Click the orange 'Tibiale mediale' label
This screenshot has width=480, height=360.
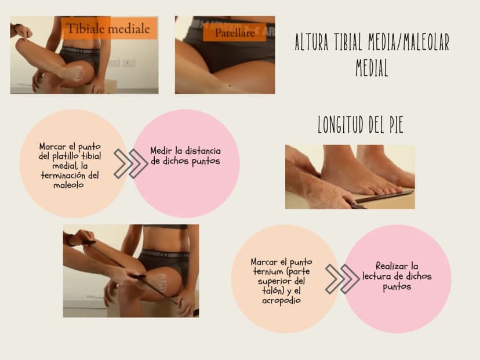click(x=110, y=28)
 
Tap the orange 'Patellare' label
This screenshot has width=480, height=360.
click(x=234, y=32)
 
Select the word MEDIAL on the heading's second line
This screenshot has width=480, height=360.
click(x=372, y=68)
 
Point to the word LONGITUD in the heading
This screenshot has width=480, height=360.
click(x=341, y=124)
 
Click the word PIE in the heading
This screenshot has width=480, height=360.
click(x=396, y=124)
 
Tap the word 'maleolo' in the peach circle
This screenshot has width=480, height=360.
click(x=68, y=185)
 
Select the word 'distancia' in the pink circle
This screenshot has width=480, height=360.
click(x=203, y=151)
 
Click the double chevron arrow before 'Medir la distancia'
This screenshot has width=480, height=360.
click(x=130, y=163)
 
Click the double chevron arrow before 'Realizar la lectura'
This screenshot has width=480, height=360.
click(x=342, y=279)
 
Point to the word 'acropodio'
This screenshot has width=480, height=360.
click(x=281, y=301)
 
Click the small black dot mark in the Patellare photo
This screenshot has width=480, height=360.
click(x=230, y=86)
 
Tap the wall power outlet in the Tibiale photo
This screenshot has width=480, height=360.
click(x=128, y=63)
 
